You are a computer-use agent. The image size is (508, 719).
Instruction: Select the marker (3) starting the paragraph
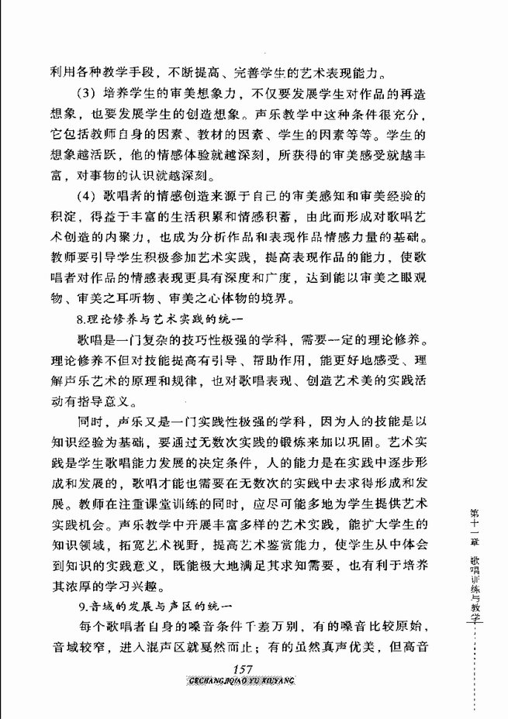pyautogui.click(x=88, y=95)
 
